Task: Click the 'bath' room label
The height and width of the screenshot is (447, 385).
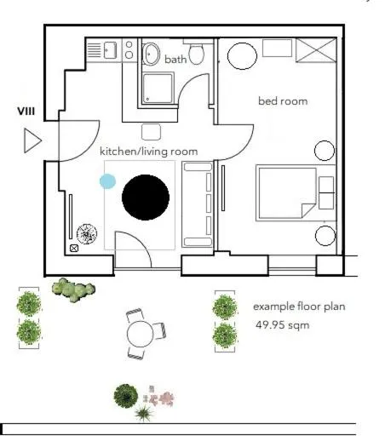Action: point(175,60)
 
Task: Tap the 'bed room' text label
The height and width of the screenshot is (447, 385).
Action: point(283,101)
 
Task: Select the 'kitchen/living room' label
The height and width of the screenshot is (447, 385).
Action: point(149,152)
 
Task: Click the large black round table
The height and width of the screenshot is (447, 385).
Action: point(147,197)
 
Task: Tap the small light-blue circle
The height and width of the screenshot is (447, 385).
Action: point(107,181)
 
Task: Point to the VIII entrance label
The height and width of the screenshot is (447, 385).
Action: point(25,112)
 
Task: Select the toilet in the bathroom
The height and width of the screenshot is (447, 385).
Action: point(198,55)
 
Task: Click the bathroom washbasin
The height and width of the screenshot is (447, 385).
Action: point(152,54)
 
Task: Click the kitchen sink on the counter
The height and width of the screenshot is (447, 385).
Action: point(109,51)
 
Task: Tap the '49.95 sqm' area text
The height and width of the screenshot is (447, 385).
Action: point(283,325)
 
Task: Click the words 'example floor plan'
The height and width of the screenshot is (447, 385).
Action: point(299,306)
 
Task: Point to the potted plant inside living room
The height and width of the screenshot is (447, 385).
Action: point(87,232)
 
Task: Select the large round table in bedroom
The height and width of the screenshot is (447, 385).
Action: point(242,55)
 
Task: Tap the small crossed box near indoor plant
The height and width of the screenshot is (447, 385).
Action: point(74,249)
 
